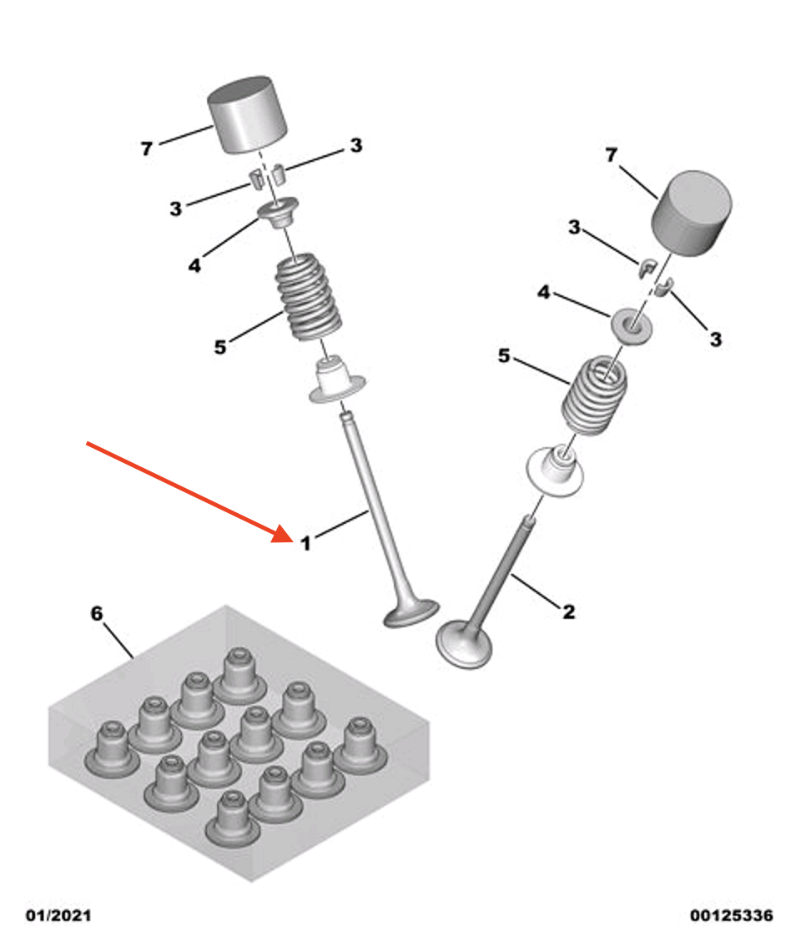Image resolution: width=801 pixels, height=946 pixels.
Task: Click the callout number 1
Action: tap(306, 544)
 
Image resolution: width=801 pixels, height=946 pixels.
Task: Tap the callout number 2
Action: tap(568, 611)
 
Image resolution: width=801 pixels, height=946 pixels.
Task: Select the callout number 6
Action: tap(97, 614)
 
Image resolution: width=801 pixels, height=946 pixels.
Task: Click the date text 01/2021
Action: tap(58, 916)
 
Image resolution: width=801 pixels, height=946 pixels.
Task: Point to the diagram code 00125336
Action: tap(732, 916)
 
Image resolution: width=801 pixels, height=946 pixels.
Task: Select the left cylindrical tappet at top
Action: tap(247, 114)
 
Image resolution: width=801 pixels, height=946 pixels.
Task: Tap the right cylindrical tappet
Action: tap(691, 213)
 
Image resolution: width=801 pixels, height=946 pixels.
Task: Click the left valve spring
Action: tap(309, 297)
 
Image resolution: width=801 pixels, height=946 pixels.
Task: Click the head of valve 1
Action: tap(411, 614)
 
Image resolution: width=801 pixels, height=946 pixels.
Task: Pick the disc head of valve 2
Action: tap(464, 644)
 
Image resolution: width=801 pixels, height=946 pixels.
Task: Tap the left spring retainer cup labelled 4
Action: tap(279, 214)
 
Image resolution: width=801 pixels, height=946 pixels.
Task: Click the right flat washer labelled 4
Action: tap(632, 324)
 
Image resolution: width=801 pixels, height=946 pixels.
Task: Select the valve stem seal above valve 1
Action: tap(337, 381)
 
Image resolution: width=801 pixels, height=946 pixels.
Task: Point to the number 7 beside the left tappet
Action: tap(147, 148)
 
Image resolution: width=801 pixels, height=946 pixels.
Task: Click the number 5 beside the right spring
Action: tap(504, 356)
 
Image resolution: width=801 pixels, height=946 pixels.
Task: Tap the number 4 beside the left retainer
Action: tap(194, 264)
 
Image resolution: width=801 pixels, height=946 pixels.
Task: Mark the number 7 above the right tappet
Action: tap(612, 155)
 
